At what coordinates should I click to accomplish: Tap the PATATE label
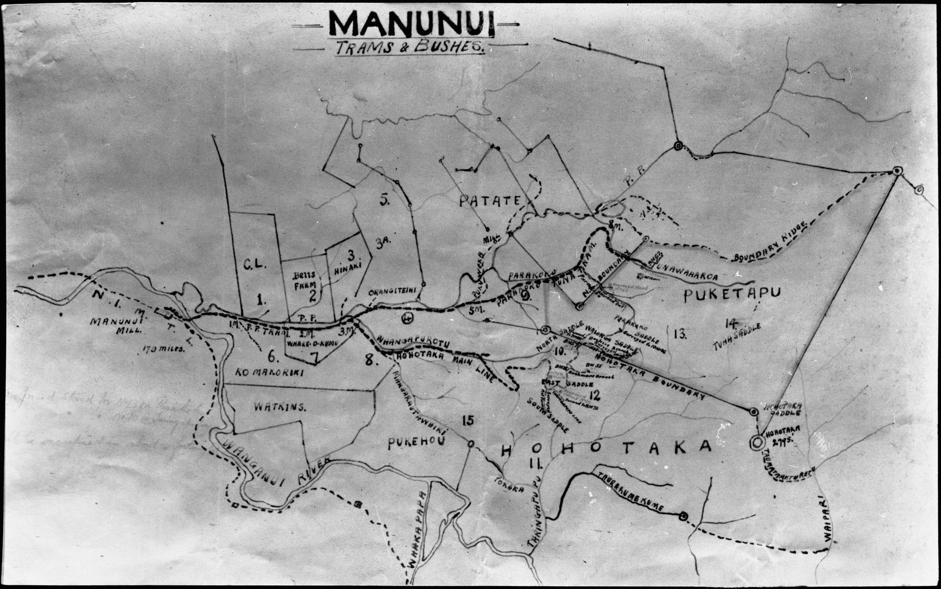click(x=489, y=201)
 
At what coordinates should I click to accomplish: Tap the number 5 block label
click(x=385, y=200)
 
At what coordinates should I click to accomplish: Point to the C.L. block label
click(x=255, y=264)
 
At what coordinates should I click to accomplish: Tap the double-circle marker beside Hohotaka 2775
click(x=757, y=442)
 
